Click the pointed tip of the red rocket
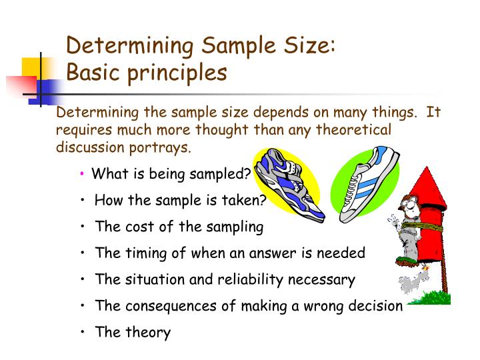click(427, 168)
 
